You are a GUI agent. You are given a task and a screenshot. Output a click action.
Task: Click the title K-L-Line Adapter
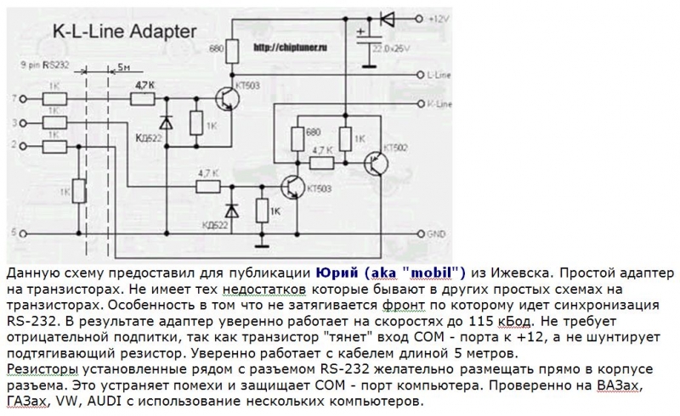125,32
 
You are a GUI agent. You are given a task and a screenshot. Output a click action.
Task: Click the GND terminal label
435,232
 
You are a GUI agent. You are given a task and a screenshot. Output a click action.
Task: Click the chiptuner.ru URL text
287,48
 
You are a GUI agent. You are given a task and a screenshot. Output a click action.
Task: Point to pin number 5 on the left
13,231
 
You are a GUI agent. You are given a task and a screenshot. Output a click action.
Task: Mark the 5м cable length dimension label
124,66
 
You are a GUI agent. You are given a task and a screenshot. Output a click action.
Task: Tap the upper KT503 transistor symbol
227,100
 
